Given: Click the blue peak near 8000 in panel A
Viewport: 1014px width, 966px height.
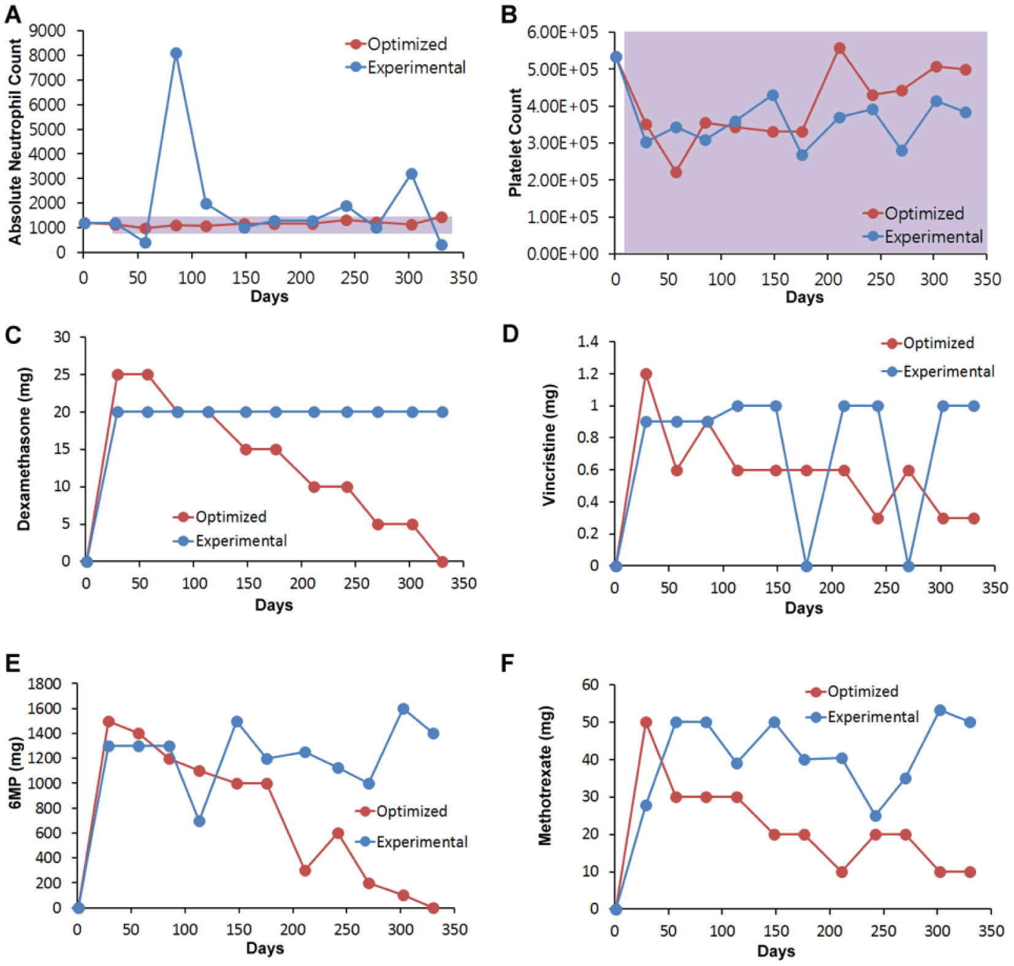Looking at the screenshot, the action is coord(176,53).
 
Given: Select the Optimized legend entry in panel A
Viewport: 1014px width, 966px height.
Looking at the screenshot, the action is coord(396,44).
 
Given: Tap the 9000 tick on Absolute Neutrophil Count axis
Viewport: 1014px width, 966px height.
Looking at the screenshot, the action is coord(52,31).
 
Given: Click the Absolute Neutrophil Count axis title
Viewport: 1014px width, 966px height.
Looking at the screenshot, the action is coord(15,142).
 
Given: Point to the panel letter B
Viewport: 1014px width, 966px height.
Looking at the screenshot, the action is coord(509,14).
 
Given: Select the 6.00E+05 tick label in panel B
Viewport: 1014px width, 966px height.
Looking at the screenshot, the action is coord(562,32).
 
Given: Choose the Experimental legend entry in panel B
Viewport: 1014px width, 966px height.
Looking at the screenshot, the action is coord(923,237).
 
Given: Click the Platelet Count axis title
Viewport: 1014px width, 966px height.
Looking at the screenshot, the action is coord(515,143).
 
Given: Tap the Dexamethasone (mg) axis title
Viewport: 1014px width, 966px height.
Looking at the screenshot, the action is coord(24,449).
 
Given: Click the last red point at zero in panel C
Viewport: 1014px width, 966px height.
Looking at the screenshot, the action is coord(443,561).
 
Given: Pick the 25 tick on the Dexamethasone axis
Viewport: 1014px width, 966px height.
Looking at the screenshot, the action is coord(62,375).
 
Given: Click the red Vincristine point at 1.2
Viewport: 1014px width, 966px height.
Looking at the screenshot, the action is coord(646,374).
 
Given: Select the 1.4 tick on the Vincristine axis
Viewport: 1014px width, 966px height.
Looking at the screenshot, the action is coord(588,341).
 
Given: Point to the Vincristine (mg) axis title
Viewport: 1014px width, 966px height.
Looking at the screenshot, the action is coord(549,445).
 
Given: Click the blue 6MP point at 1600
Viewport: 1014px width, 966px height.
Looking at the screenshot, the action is coord(403,709).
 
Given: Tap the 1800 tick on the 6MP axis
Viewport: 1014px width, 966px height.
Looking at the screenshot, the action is coord(44,684).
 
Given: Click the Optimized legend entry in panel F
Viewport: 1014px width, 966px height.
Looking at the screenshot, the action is coord(852,692).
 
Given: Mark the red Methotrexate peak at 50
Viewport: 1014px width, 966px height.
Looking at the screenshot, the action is coord(646,722).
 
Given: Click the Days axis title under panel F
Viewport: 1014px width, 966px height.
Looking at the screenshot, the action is coord(776,951).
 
